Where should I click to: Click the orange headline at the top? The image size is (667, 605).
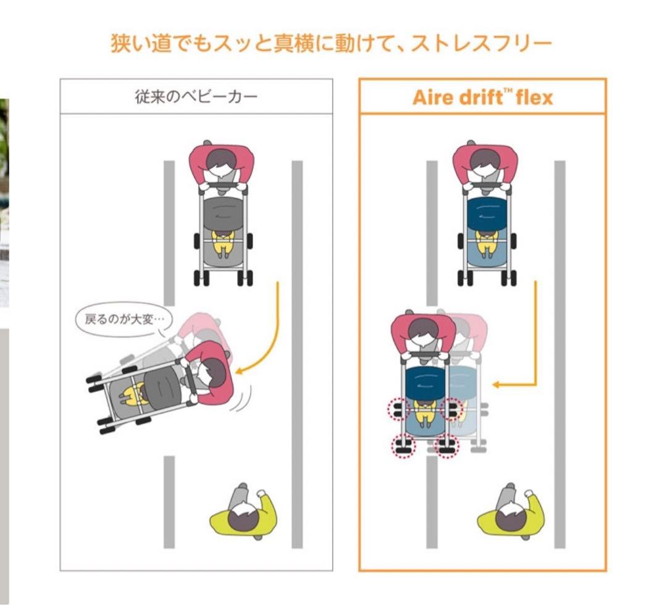pyautogui.click(x=331, y=44)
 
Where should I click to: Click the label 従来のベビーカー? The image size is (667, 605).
pyautogui.click(x=196, y=97)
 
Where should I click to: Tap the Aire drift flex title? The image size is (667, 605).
pyautogui.click(x=482, y=97)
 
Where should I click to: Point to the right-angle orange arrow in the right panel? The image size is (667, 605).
pyautogui.click(x=525, y=346)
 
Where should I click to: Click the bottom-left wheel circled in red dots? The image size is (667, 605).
pyautogui.click(x=403, y=446)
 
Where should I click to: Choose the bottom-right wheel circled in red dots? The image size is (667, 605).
pyautogui.click(x=447, y=446)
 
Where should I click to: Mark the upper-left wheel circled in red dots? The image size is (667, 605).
pyautogui.click(x=399, y=408)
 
